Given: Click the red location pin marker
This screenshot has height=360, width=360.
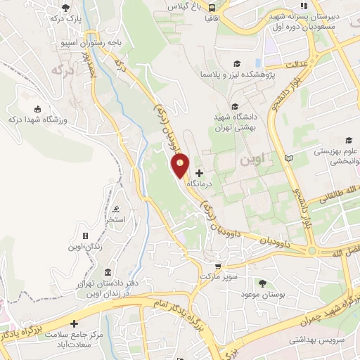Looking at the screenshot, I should (181, 167).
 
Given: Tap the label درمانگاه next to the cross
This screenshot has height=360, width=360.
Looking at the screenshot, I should (218, 181).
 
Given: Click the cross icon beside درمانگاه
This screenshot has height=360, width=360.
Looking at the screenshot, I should (199, 172).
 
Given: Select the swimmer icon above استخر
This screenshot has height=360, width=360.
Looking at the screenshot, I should (116, 209).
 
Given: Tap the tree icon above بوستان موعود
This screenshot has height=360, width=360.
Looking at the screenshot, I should (262, 283).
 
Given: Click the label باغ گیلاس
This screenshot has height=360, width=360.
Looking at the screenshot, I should (182, 5).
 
